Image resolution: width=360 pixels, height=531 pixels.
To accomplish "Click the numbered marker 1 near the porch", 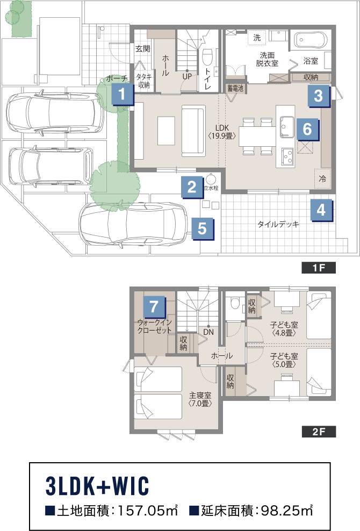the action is click(123, 94).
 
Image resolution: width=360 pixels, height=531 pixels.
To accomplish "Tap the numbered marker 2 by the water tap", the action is click(192, 186).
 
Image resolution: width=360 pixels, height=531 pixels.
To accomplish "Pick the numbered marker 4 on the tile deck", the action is click(321, 210).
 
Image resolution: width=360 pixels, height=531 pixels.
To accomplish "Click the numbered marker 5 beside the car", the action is click(202, 228).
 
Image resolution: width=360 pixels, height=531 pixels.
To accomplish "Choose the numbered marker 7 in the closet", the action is click(154, 307).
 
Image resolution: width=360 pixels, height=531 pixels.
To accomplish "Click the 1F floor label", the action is click(319, 268).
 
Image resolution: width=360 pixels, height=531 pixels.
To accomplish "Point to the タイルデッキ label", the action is click(278, 224).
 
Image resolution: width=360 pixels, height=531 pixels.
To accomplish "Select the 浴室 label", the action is click(311, 61).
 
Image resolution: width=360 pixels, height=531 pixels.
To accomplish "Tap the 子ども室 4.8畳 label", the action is click(284, 329).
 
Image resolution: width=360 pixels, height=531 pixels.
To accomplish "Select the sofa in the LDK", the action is click(193, 131).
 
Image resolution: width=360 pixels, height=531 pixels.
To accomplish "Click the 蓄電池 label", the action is click(235, 88).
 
